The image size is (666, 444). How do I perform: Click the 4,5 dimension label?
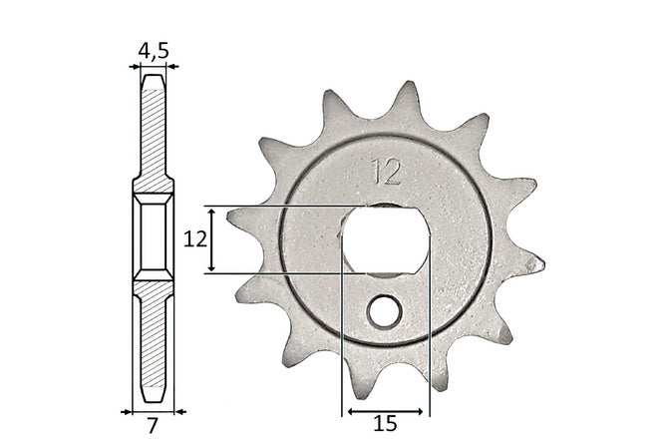[x=154, y=51]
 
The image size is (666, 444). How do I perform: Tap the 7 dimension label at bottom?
[x=153, y=426]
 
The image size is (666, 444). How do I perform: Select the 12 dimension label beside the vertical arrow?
[x=195, y=239]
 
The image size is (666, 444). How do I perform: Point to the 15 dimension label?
[x=385, y=424]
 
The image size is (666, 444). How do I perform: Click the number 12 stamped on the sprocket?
[x=386, y=172]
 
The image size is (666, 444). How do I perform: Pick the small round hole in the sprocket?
[x=385, y=312]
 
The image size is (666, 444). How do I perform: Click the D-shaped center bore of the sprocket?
[x=385, y=239]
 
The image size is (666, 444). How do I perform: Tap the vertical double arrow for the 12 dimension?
[x=212, y=239]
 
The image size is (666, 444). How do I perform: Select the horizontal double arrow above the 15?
[x=385, y=411]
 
